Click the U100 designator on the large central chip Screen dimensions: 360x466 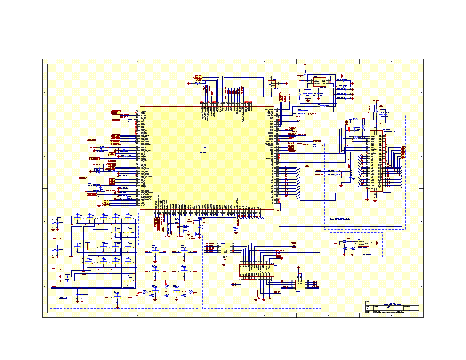(203, 147)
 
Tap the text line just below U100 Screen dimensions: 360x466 (203, 152)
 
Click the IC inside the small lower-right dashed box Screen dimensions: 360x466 (363, 243)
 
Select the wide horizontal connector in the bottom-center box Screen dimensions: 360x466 (257, 270)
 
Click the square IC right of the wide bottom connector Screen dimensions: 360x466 (299, 285)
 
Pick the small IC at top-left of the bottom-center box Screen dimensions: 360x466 (225, 248)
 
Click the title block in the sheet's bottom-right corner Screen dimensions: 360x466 (392, 307)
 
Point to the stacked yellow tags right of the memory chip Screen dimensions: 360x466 (403, 152)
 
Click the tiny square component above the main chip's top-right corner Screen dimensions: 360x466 (272, 84)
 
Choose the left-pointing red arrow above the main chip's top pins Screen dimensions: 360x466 (189, 83)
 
